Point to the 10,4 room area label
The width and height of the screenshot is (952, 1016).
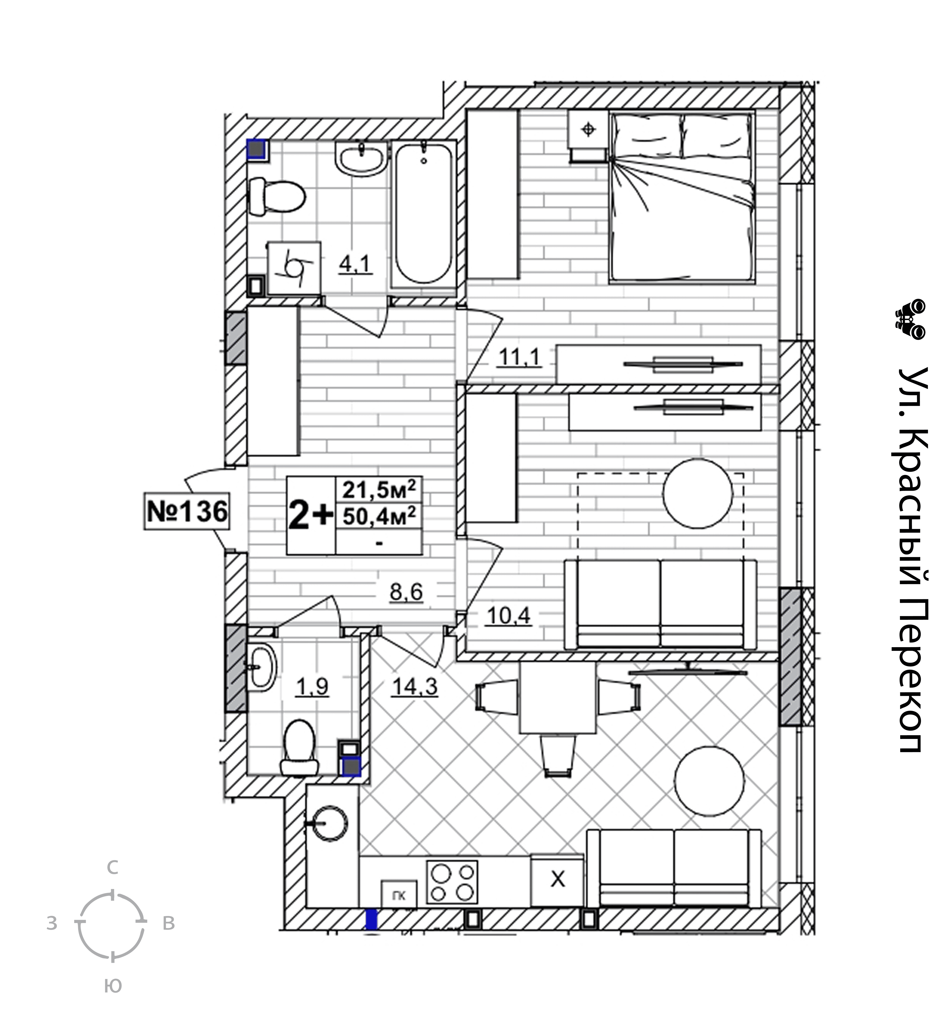[x=508, y=616]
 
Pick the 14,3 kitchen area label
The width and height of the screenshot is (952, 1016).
[x=414, y=686]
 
